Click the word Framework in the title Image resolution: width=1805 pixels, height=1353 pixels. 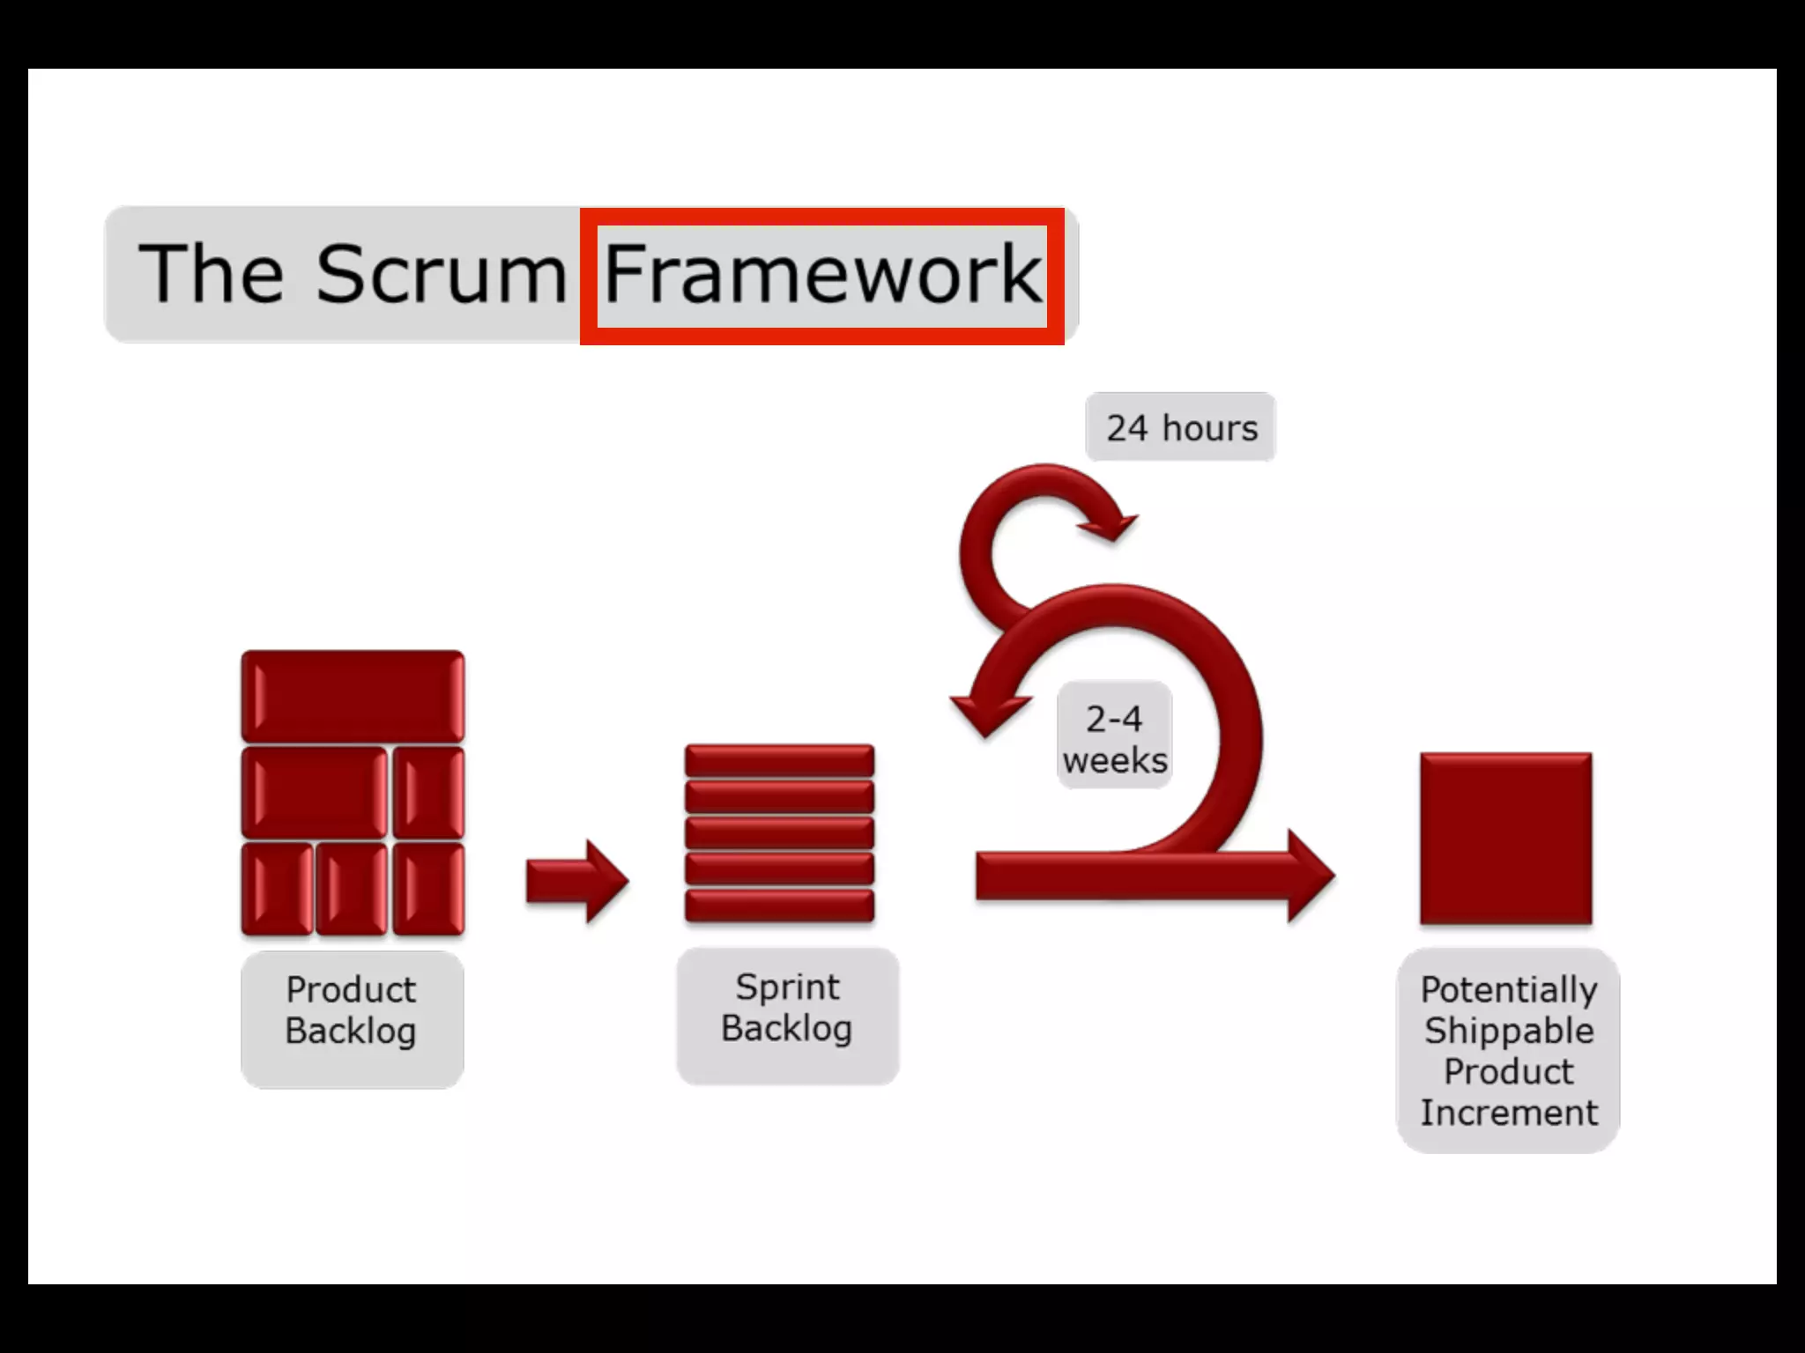(822, 274)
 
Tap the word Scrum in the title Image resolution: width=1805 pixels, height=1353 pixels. (441, 274)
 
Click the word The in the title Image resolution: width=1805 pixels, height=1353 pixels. (212, 274)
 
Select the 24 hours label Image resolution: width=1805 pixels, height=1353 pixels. (1181, 428)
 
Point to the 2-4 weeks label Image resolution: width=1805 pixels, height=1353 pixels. (1115, 738)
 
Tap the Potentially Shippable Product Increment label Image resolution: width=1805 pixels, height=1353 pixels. (1508, 1051)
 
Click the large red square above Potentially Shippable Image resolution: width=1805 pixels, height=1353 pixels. (1505, 839)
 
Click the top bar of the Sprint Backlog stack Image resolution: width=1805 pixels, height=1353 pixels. (780, 760)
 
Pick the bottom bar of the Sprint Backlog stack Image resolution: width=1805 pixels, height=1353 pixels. (780, 906)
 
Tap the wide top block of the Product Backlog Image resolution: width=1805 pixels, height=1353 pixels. (353, 696)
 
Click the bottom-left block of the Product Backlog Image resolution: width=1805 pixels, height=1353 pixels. (277, 888)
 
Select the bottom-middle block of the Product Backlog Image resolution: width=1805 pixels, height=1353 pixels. (352, 888)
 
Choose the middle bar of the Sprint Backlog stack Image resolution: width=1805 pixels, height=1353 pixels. (780, 833)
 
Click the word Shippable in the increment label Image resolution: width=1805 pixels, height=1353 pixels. (1508, 1031)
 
